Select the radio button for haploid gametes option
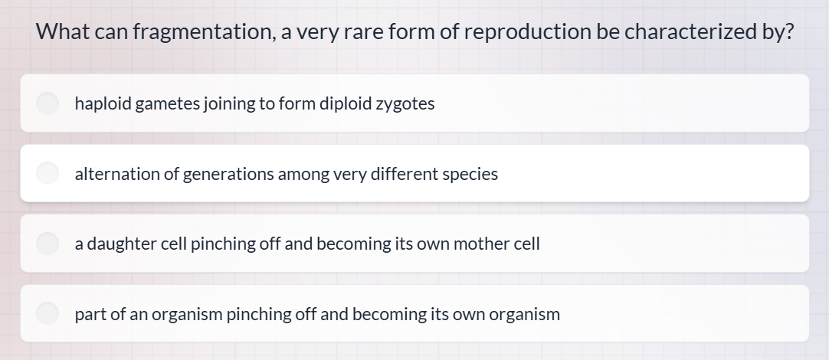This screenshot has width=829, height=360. (48, 103)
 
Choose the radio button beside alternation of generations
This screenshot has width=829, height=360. (48, 174)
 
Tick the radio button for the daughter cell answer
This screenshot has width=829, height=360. (48, 244)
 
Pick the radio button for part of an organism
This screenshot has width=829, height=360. (48, 313)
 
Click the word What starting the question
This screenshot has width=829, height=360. (63, 32)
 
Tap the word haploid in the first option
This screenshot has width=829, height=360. (103, 103)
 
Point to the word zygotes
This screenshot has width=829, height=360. (405, 103)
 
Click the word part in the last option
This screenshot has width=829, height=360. (90, 314)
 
